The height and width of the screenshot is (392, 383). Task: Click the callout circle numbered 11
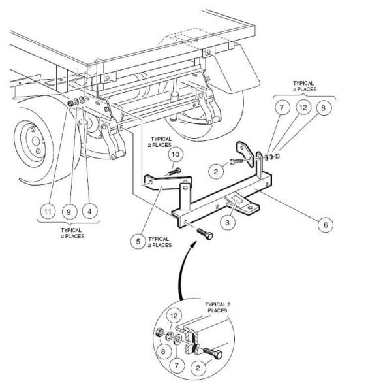point(48,212)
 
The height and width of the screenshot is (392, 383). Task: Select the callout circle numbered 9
point(69,212)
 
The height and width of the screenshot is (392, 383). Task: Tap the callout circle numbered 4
point(89,212)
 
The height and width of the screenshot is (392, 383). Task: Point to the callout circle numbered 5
point(138,242)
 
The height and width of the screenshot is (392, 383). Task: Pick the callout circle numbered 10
point(176,154)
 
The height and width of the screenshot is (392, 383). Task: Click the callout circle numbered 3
point(227,222)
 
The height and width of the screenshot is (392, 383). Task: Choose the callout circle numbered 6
point(326,225)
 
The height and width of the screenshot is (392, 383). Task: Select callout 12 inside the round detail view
point(174,316)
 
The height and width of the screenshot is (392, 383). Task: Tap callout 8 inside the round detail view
point(163,351)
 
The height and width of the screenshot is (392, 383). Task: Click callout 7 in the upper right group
point(282,108)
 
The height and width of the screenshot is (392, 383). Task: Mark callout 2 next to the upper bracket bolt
point(216,171)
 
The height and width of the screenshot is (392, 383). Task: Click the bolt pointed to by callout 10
point(175,172)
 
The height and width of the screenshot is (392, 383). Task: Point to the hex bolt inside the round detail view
point(213,353)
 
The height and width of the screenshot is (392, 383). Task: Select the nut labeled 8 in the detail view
point(159,333)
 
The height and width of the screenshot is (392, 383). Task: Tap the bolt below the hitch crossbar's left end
point(205,233)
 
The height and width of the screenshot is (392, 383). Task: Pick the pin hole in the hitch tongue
point(250,207)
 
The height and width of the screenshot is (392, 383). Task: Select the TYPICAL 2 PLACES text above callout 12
point(304,86)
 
